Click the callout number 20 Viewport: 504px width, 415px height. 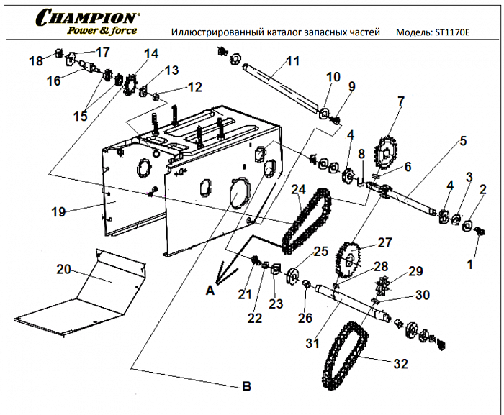(x=64, y=269)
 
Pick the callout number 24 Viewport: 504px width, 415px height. (x=299, y=190)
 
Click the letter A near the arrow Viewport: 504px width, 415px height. (x=210, y=291)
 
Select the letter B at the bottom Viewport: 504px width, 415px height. (x=246, y=386)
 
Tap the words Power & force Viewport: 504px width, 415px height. (x=101, y=30)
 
